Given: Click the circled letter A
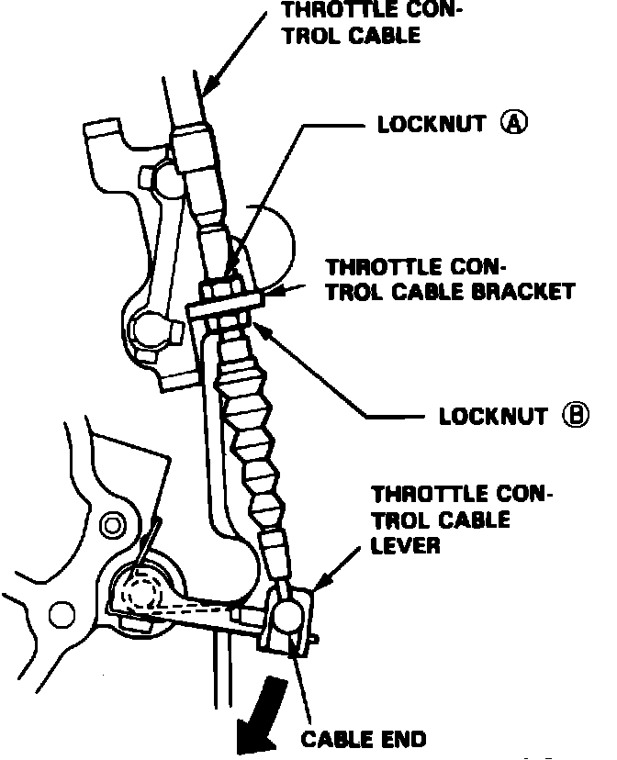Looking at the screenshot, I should tap(512, 123).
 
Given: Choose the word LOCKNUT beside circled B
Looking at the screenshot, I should tap(493, 416).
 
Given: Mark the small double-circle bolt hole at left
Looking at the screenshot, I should tap(113, 526).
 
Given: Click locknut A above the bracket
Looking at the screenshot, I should tap(223, 288).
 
